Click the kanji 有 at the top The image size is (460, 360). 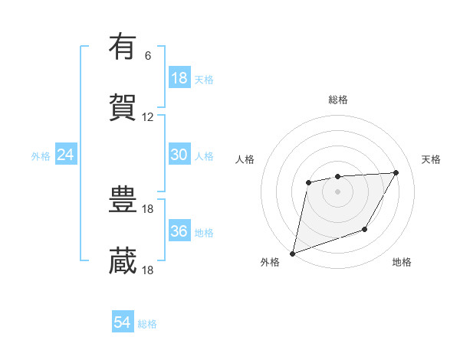click(123, 47)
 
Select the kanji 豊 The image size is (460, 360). click(123, 200)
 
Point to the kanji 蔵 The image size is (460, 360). click(123, 261)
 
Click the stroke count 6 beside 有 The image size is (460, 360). click(148, 56)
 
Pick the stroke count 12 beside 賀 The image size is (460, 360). click(148, 117)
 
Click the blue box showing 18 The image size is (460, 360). click(179, 78)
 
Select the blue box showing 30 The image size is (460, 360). click(179, 155)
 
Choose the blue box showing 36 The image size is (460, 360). click(179, 231)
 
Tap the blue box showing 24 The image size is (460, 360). click(66, 155)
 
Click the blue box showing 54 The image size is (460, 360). click(123, 322)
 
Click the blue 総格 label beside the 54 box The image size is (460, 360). click(147, 324)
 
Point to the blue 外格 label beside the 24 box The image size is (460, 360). click(41, 156)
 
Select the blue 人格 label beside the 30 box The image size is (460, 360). click(204, 156)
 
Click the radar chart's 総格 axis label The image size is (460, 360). click(337, 100)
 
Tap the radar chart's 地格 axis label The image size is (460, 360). click(402, 263)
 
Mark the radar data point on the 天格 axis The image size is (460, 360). click(396, 172)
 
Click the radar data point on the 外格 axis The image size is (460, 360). click(292, 253)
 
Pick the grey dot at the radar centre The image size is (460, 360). click(337, 191)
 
